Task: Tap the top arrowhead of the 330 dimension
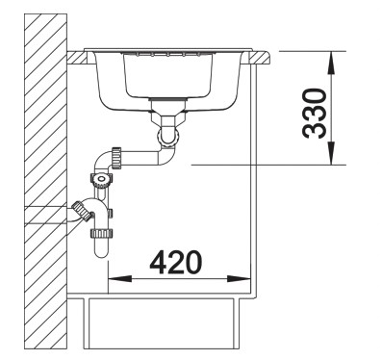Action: (x=332, y=58)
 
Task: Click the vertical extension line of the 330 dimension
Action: (x=332, y=106)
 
